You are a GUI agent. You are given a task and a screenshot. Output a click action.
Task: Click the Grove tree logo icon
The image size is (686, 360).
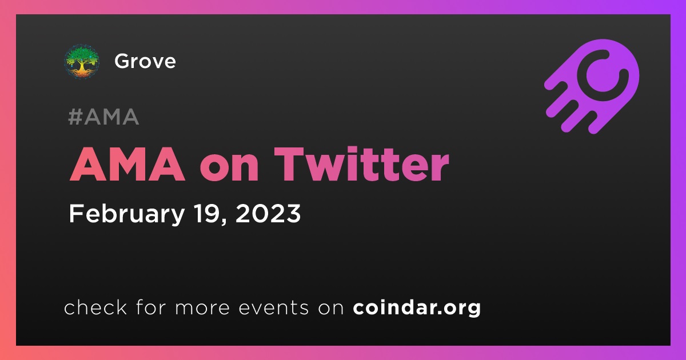pos(81,62)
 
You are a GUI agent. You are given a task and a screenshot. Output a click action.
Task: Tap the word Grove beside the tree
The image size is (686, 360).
pos(145,61)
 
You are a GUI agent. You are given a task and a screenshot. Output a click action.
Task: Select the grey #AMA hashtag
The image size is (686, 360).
pos(103,117)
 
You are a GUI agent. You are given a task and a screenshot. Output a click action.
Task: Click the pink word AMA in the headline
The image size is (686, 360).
pos(127,164)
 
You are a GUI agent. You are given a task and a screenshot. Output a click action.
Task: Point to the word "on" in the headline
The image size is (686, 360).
pos(230,168)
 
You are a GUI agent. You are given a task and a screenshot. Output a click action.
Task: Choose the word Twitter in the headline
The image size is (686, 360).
pos(362,164)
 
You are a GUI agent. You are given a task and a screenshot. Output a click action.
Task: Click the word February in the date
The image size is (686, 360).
pos(127,214)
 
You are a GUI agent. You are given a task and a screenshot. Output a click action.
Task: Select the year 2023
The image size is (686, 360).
pos(268,213)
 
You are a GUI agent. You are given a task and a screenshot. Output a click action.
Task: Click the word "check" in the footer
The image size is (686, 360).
pos(95,307)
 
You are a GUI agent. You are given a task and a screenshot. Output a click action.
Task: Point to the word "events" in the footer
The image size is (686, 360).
pos(274,308)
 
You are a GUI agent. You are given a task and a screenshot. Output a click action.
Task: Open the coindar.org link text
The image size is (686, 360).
pos(417,308)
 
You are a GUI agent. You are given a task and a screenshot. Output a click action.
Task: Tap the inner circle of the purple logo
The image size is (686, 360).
pos(603,75)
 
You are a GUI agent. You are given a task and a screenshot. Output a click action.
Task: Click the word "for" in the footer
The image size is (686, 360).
pos(151,307)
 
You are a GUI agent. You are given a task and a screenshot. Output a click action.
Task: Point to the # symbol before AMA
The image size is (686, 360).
pos(75,117)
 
